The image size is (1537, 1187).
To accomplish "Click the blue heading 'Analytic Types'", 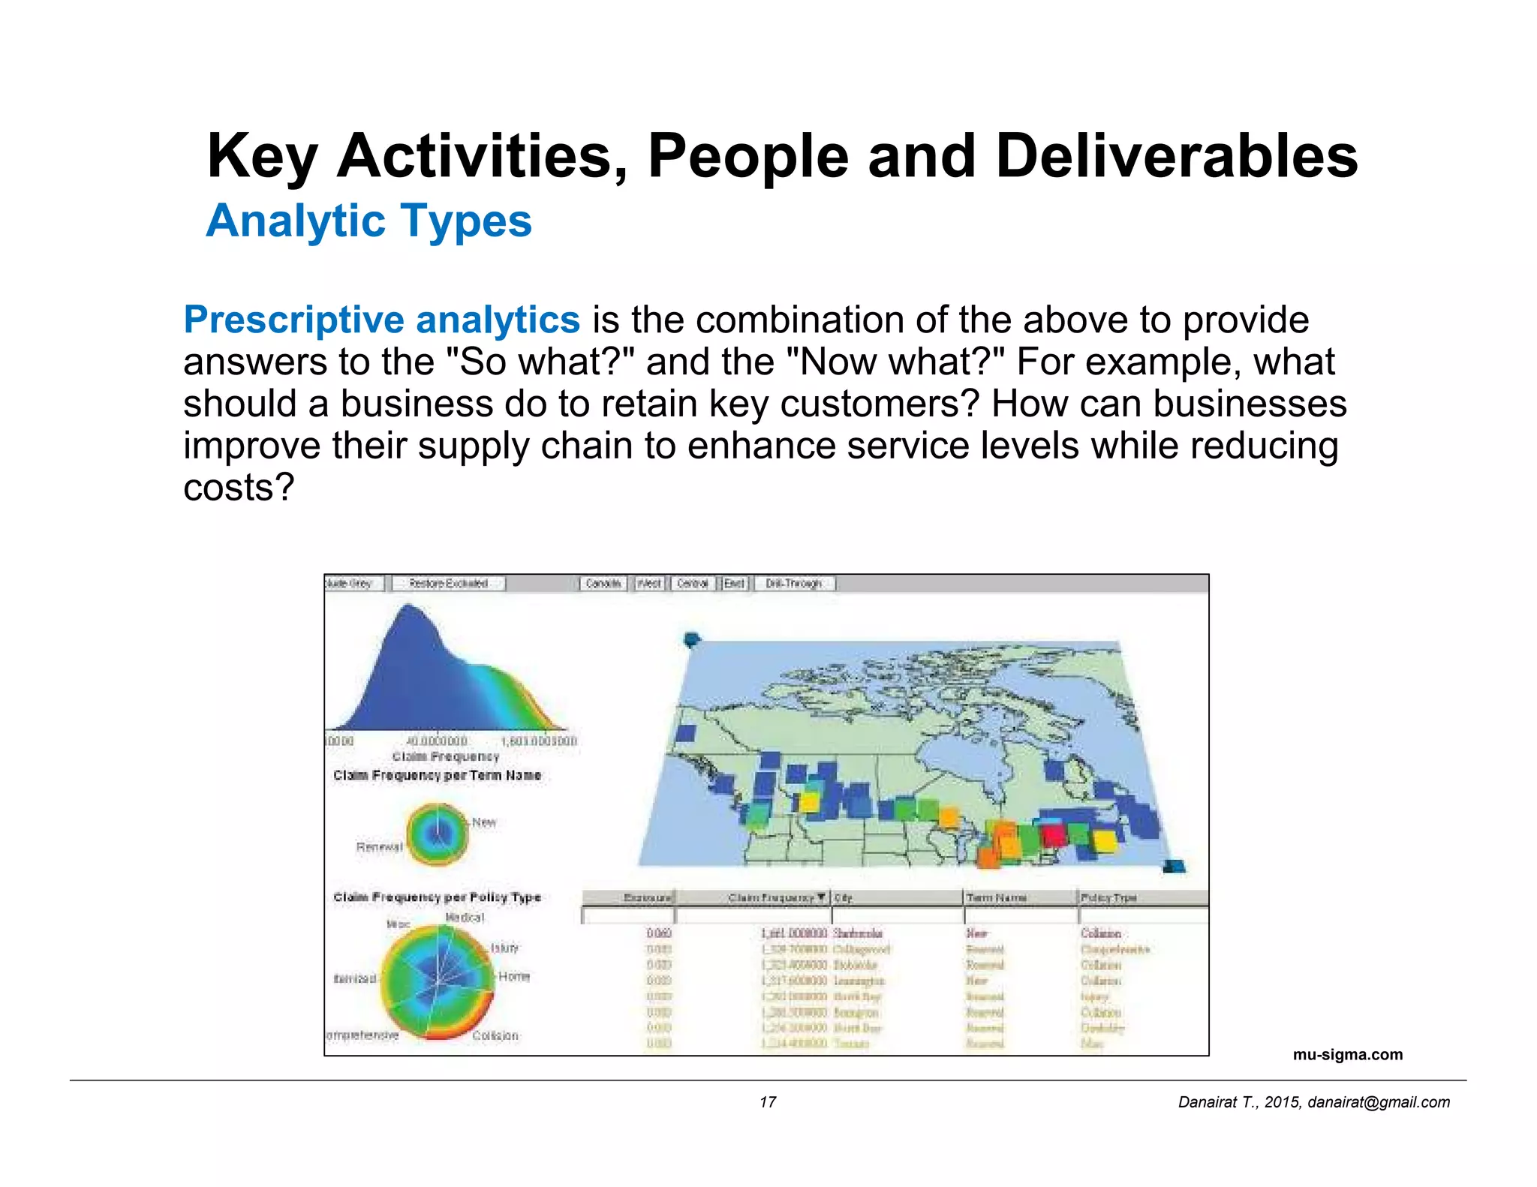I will tap(368, 221).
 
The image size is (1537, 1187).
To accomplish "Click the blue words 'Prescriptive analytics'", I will tap(381, 320).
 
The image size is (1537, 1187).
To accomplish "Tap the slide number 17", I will tap(767, 1101).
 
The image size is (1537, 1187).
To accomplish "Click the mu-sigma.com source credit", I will tap(1347, 1054).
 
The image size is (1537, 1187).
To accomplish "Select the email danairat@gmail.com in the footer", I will tap(1379, 1101).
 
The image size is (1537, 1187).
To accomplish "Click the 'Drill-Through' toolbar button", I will tap(794, 583).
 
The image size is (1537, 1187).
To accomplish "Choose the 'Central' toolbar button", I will tap(692, 583).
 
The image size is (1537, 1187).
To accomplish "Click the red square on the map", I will tap(1054, 834).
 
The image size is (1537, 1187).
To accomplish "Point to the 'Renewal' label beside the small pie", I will tap(379, 847).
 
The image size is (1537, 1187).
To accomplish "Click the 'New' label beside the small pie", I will tap(484, 822).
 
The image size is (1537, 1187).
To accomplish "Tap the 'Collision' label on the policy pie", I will tap(495, 1035).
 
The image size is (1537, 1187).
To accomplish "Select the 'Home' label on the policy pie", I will tap(514, 976).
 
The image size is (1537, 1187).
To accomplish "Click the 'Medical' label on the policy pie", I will tap(465, 918).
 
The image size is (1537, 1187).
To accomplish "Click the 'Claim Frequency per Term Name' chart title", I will tap(437, 775).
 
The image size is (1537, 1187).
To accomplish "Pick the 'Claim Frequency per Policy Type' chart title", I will tap(437, 897).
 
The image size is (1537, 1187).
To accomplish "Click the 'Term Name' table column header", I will tap(996, 897).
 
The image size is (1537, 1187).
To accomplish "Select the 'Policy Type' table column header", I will tap(1108, 897).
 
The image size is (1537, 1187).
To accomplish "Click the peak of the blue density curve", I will tap(409, 606).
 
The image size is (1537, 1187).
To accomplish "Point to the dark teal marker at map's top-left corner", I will tap(691, 639).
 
